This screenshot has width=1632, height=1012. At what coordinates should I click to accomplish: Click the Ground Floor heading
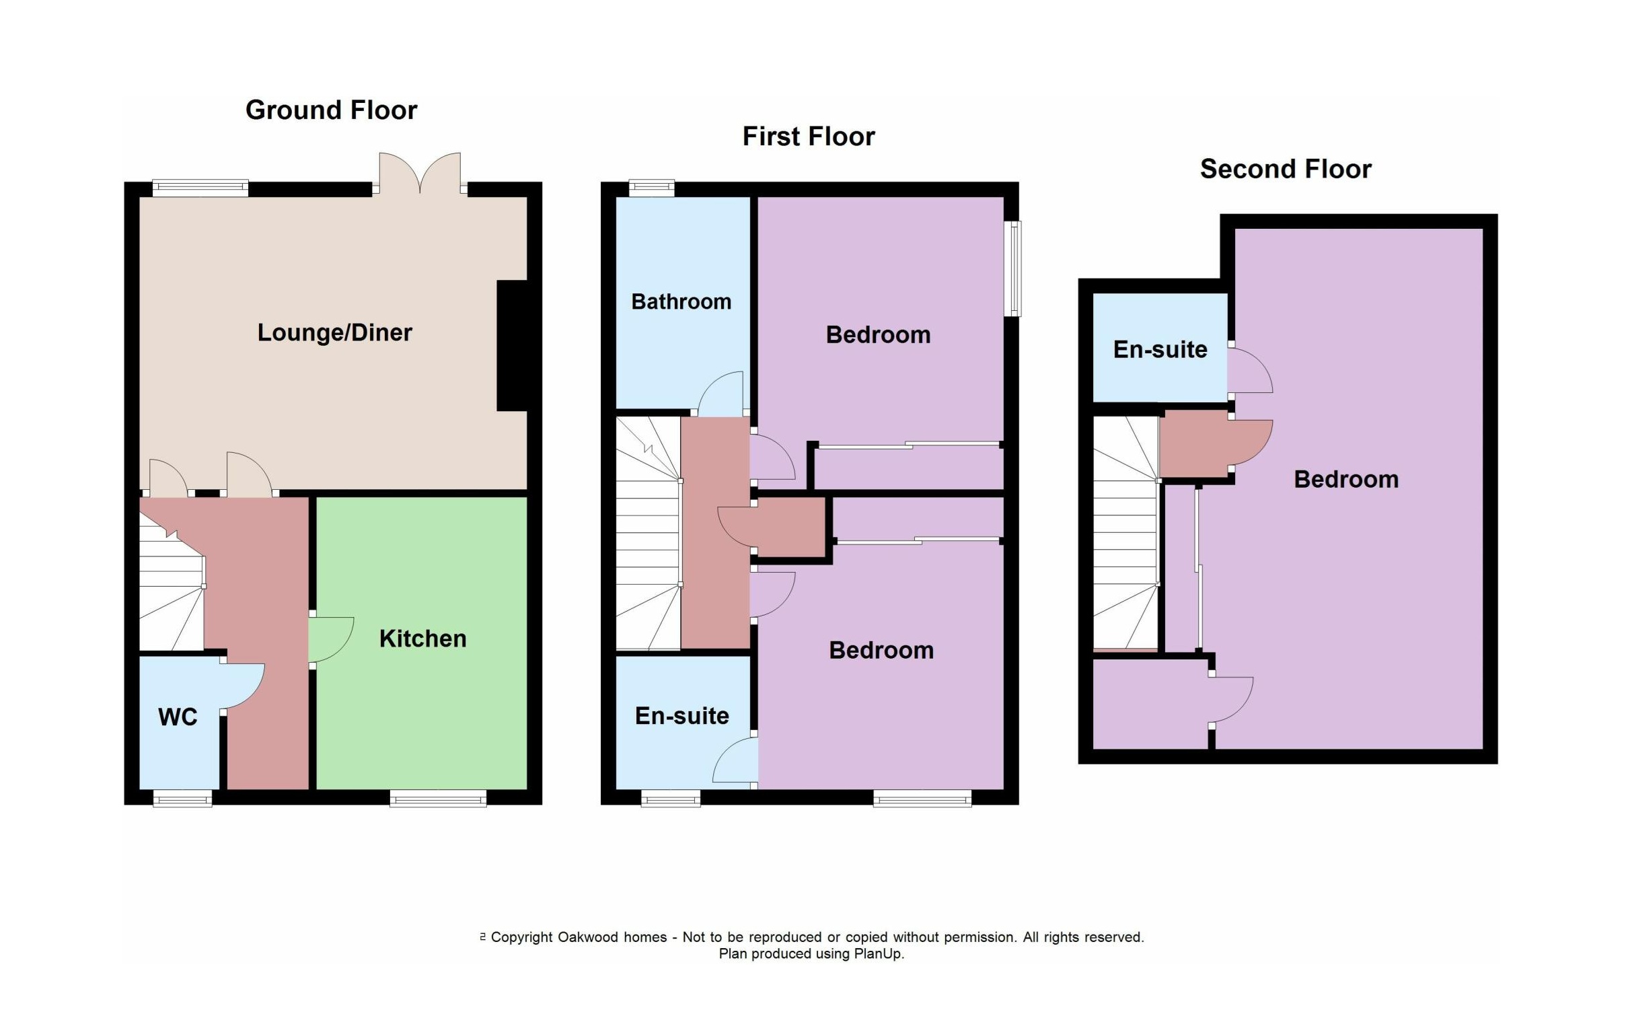[331, 110]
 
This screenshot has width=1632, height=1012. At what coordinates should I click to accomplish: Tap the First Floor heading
[809, 137]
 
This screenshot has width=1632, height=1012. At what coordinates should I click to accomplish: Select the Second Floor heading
[1286, 169]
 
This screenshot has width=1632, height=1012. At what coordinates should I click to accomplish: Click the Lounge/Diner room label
[334, 332]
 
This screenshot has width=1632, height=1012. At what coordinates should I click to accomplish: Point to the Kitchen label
[422, 639]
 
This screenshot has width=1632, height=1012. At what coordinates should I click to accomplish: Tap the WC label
[178, 717]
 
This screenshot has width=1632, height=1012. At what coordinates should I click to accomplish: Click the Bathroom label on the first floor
[681, 301]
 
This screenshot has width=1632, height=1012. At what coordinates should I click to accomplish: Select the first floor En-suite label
[681, 716]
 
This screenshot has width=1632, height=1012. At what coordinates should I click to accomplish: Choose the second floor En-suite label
[1160, 350]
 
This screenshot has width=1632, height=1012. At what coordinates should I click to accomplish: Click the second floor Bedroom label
[1346, 479]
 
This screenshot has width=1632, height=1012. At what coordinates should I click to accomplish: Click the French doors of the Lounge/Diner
[420, 173]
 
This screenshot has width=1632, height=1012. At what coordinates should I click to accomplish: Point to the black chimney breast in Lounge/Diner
[511, 345]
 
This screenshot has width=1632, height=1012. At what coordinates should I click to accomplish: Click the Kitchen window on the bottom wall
[438, 798]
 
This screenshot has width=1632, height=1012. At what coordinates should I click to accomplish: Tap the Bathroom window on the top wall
[651, 188]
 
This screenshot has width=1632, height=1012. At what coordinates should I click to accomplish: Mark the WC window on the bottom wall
[182, 798]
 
